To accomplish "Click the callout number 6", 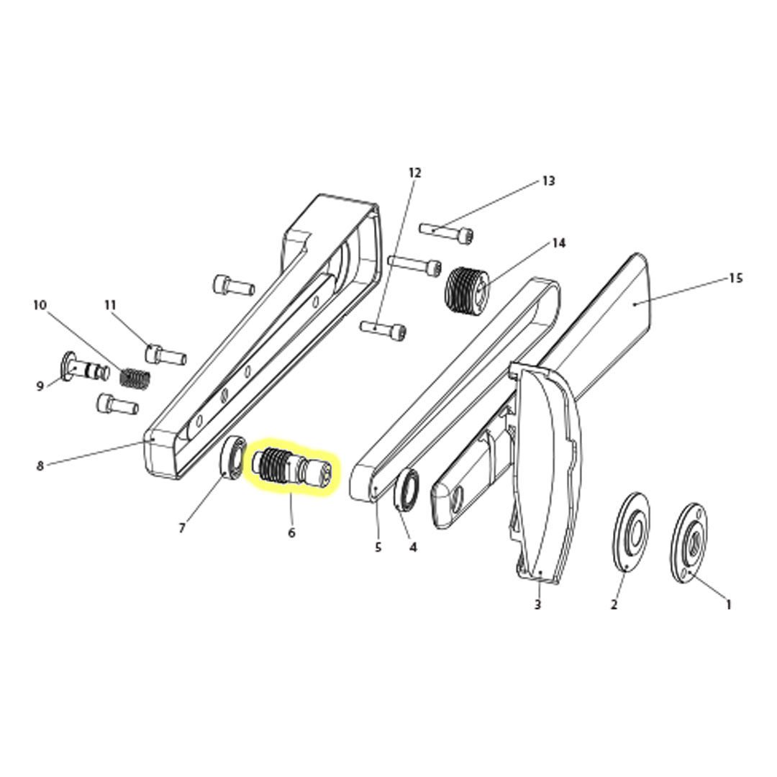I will [x=291, y=533].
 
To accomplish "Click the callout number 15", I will [x=735, y=278].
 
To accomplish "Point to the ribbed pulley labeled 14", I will [x=468, y=288].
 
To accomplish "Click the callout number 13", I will [x=549, y=181].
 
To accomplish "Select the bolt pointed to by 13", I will [x=447, y=232].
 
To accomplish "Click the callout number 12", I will [x=414, y=173].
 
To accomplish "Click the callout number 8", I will [x=40, y=466].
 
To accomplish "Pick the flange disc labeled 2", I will [x=631, y=533].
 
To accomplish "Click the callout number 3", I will [x=537, y=605].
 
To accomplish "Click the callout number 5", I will [x=378, y=547].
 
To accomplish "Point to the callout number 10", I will [x=40, y=305].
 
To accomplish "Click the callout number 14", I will [x=559, y=243].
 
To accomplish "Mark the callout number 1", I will [x=728, y=605].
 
